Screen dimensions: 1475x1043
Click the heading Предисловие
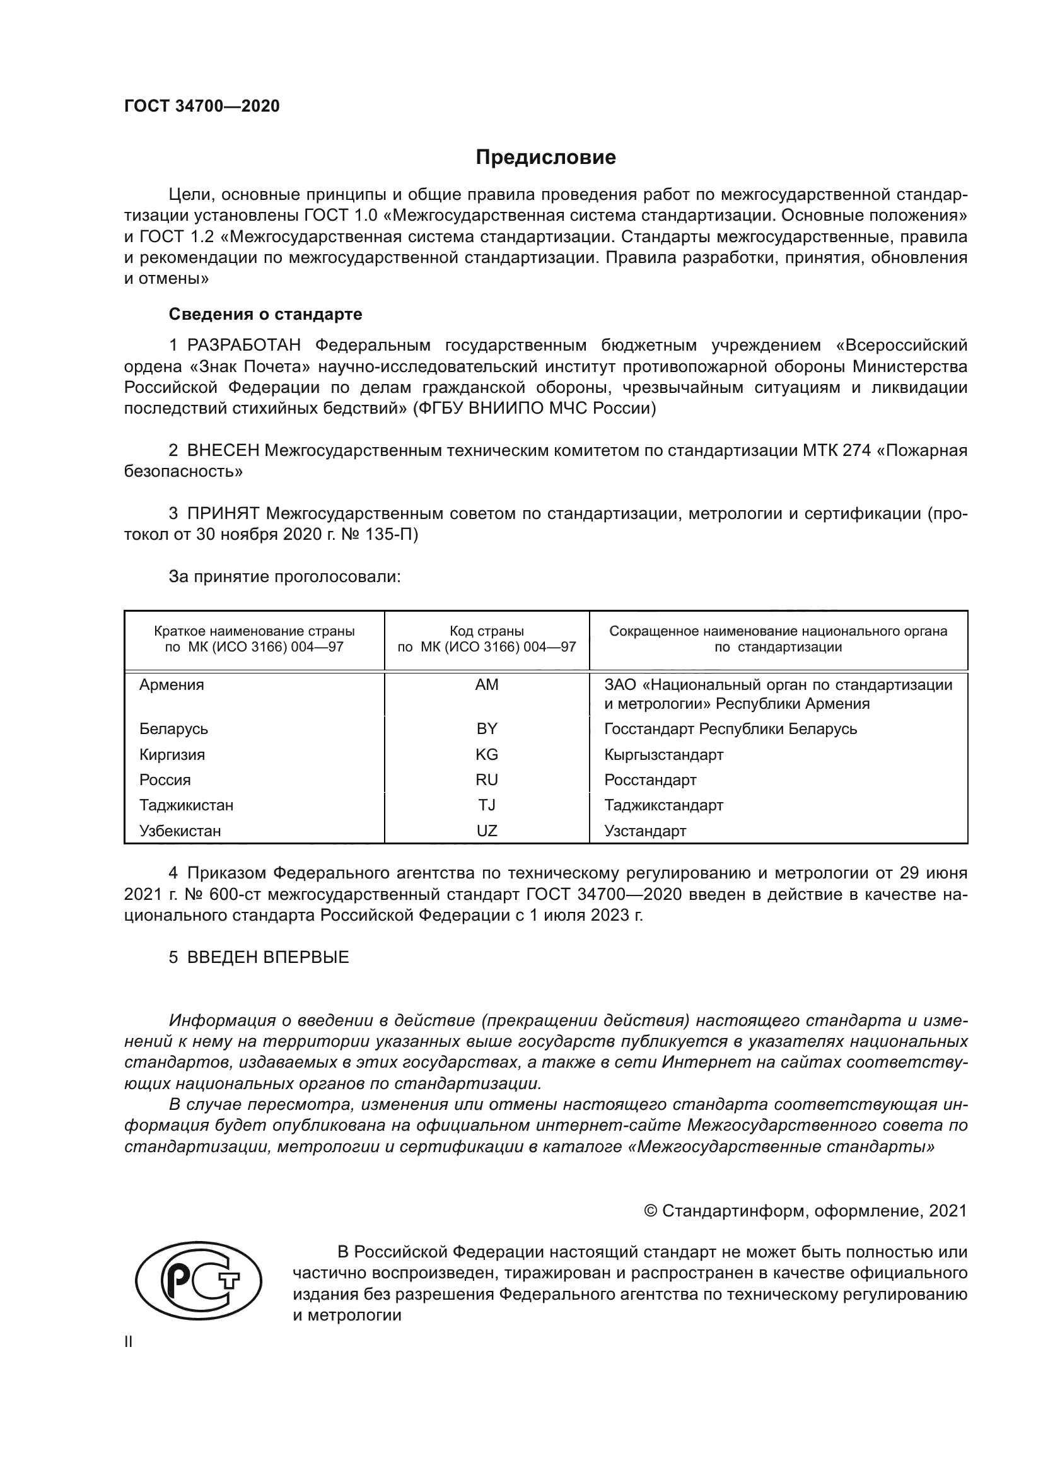point(545,158)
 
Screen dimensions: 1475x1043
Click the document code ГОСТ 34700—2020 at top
point(202,106)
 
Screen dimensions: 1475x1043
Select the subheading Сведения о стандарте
point(265,314)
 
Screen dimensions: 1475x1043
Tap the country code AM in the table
point(486,685)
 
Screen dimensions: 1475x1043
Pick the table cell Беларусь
point(173,728)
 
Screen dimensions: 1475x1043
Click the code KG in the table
point(486,754)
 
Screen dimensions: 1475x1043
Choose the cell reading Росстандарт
point(650,780)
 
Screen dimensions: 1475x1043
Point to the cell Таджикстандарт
point(663,805)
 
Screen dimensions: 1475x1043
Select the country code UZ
point(486,831)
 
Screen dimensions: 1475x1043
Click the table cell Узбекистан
point(180,831)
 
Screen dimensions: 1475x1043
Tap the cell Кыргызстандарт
point(663,754)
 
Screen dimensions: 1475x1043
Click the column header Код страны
point(486,631)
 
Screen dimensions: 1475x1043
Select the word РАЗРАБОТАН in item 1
point(244,346)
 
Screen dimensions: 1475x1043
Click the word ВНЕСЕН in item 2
point(223,450)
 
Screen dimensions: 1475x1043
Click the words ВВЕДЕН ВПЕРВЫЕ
point(268,957)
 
